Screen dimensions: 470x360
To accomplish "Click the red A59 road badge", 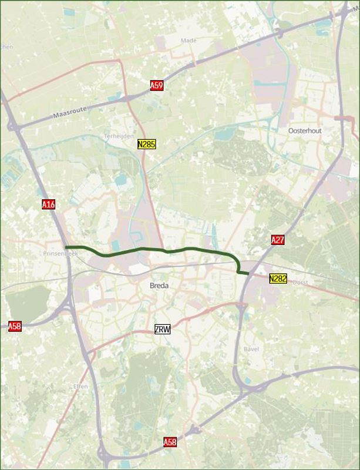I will [156, 86].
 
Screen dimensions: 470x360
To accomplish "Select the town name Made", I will [189, 41].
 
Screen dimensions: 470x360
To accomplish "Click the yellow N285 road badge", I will [146, 143].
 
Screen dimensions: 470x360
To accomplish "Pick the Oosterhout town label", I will [305, 130].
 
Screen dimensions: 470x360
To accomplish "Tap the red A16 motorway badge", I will [49, 204].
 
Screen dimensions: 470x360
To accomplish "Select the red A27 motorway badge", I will [278, 240].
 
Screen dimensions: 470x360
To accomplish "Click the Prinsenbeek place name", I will [56, 254].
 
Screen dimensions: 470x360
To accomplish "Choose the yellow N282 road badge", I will [278, 278].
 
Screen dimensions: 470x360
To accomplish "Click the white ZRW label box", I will [162, 329].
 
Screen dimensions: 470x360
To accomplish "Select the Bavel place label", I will [250, 349].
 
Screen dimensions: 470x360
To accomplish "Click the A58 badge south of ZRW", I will [170, 441].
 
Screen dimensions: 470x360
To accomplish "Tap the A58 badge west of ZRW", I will [15, 326].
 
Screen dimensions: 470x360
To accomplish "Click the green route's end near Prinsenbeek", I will [66, 247].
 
